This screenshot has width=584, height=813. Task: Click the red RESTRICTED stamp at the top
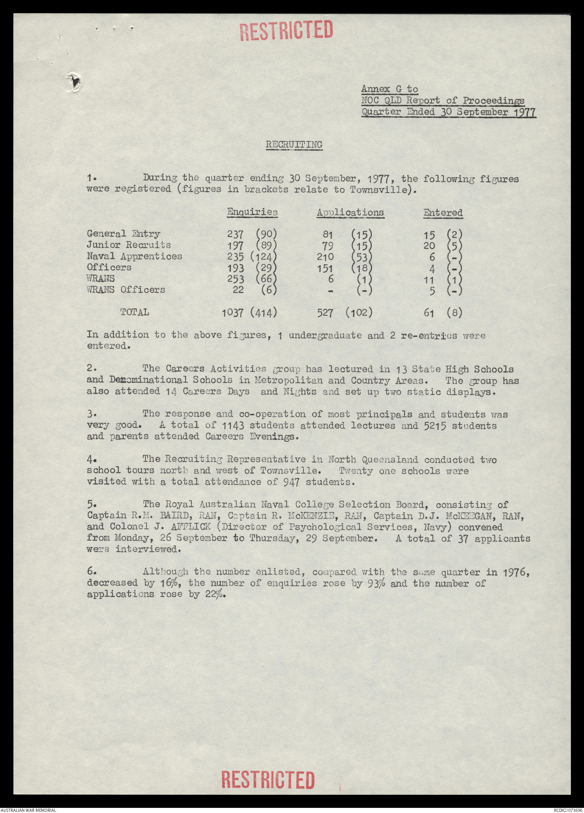[287, 30]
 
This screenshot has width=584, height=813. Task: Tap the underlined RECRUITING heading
[294, 145]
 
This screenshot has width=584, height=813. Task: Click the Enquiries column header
[252, 212]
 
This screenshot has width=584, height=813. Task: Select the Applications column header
[350, 212]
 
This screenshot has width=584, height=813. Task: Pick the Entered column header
[443, 212]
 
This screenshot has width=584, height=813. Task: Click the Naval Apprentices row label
[135, 256]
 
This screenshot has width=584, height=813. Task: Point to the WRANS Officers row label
[126, 290]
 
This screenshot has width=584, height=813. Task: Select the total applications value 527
[326, 313]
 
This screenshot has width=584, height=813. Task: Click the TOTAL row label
[135, 312]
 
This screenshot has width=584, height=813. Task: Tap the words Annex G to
[389, 90]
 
